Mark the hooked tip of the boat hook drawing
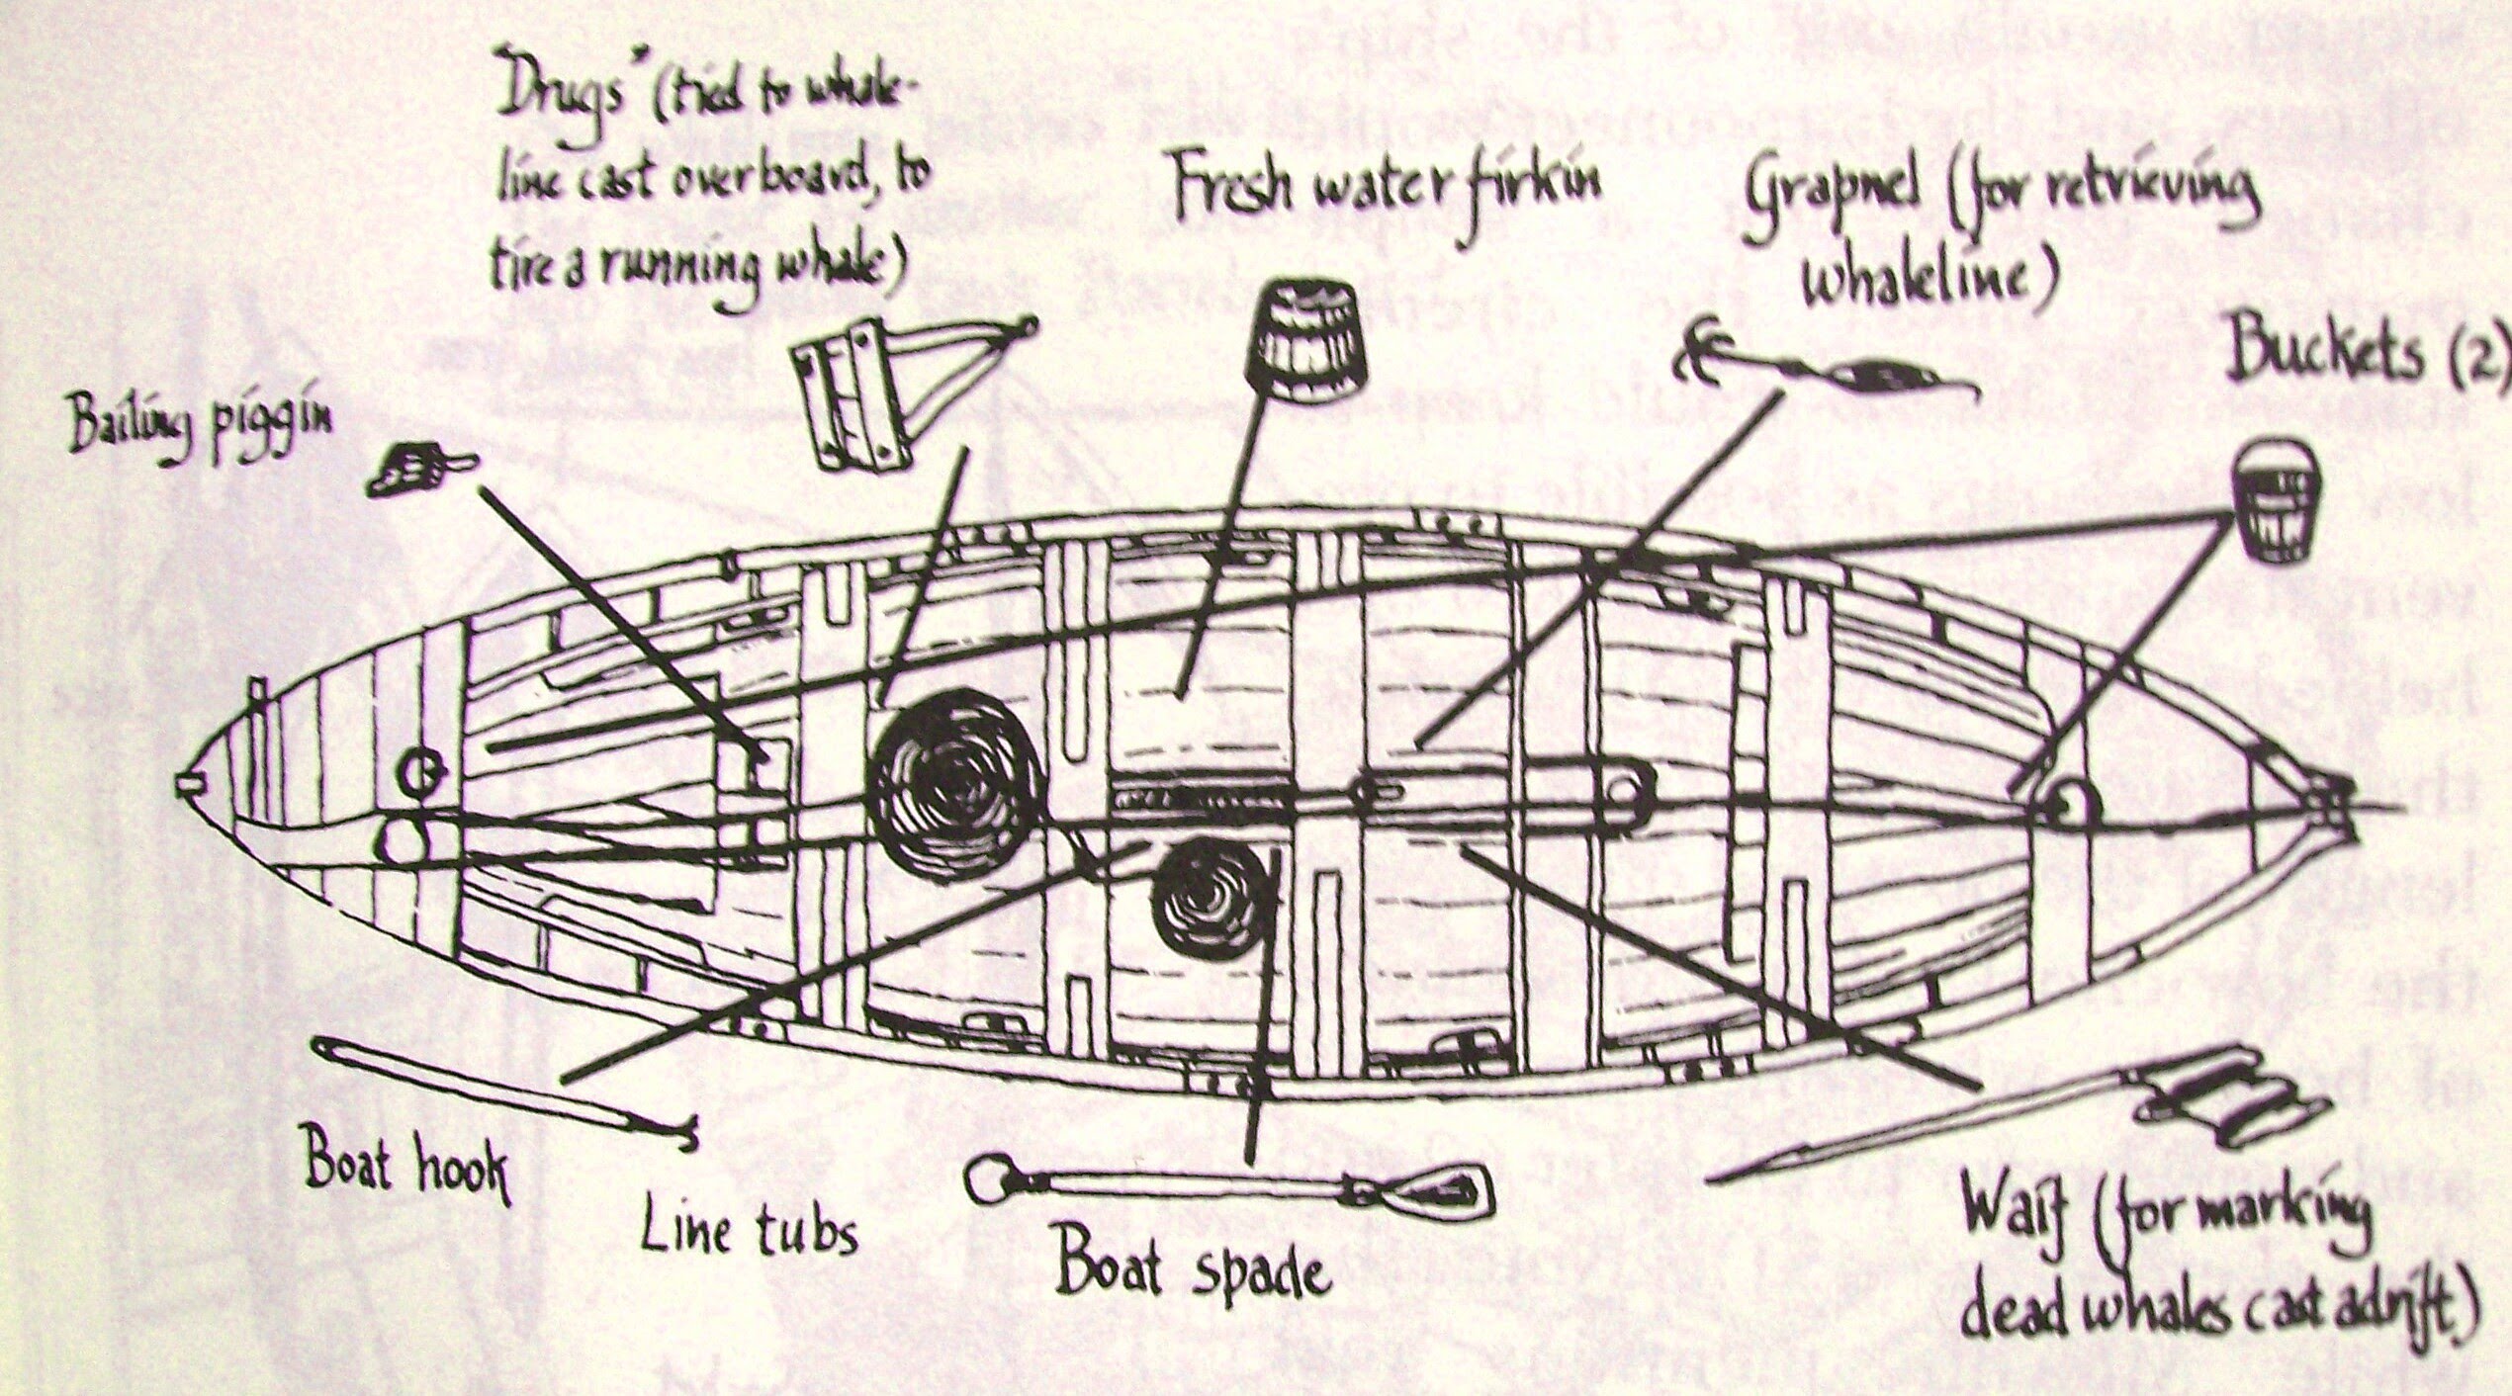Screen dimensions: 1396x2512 click(682, 1137)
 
